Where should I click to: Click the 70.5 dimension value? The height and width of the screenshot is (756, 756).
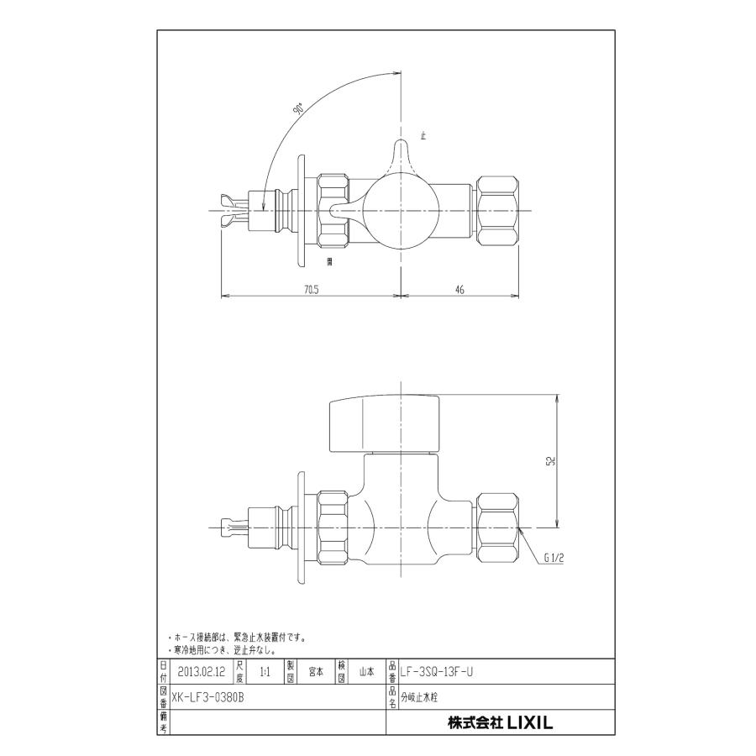[311, 289]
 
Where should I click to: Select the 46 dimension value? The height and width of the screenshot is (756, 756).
[459, 289]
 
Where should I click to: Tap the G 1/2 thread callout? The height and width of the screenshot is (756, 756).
[556, 556]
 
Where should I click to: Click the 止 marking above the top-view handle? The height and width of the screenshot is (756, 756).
[423, 134]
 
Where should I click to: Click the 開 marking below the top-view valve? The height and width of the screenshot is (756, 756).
[330, 263]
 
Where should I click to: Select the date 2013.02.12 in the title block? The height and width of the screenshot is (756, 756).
[202, 672]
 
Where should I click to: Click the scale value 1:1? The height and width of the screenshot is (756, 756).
[265, 672]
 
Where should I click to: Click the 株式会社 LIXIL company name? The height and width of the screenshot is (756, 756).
[501, 722]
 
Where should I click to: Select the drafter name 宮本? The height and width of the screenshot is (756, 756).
[316, 672]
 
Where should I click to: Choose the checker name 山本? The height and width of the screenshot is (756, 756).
[366, 672]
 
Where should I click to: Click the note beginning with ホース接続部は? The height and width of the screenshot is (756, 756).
[240, 638]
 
